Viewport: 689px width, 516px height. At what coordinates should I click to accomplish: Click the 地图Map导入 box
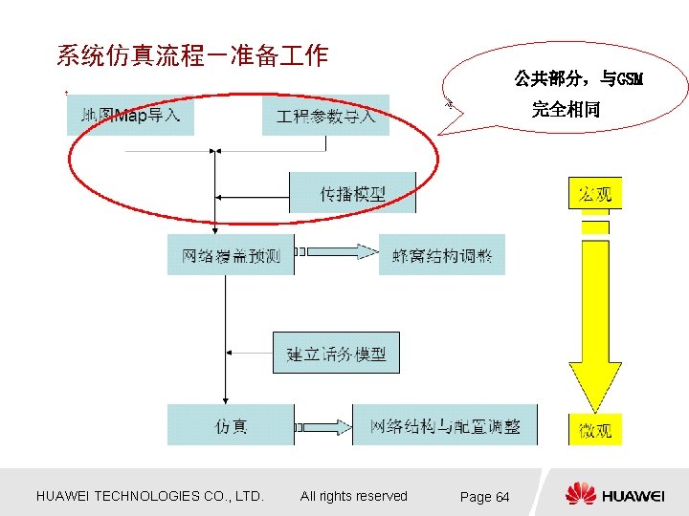tap(130, 115)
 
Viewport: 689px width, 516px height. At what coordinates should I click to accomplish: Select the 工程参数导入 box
tap(325, 116)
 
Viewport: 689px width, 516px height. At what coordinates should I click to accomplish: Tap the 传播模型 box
tap(352, 193)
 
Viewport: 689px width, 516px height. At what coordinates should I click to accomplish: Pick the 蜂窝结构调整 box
tap(441, 255)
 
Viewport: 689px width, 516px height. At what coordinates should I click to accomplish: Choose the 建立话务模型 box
tap(336, 354)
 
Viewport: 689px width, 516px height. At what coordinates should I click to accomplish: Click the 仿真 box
tap(231, 425)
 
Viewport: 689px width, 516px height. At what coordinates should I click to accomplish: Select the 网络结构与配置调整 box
tap(445, 425)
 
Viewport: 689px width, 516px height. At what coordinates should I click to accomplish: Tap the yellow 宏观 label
tap(594, 194)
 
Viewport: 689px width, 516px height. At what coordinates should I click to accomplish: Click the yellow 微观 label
tap(594, 429)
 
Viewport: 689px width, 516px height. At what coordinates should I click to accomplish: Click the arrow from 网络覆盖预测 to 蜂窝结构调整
tap(335, 252)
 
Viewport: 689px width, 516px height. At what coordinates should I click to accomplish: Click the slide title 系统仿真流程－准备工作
tap(191, 55)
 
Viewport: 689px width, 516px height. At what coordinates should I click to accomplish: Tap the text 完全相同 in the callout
tap(566, 109)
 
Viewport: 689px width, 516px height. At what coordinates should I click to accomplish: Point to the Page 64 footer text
tap(484, 496)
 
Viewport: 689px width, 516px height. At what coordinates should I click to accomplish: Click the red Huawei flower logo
tap(580, 494)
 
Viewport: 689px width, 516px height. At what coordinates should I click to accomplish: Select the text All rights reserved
tap(353, 496)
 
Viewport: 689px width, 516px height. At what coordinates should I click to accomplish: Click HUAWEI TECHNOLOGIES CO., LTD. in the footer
tap(149, 496)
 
